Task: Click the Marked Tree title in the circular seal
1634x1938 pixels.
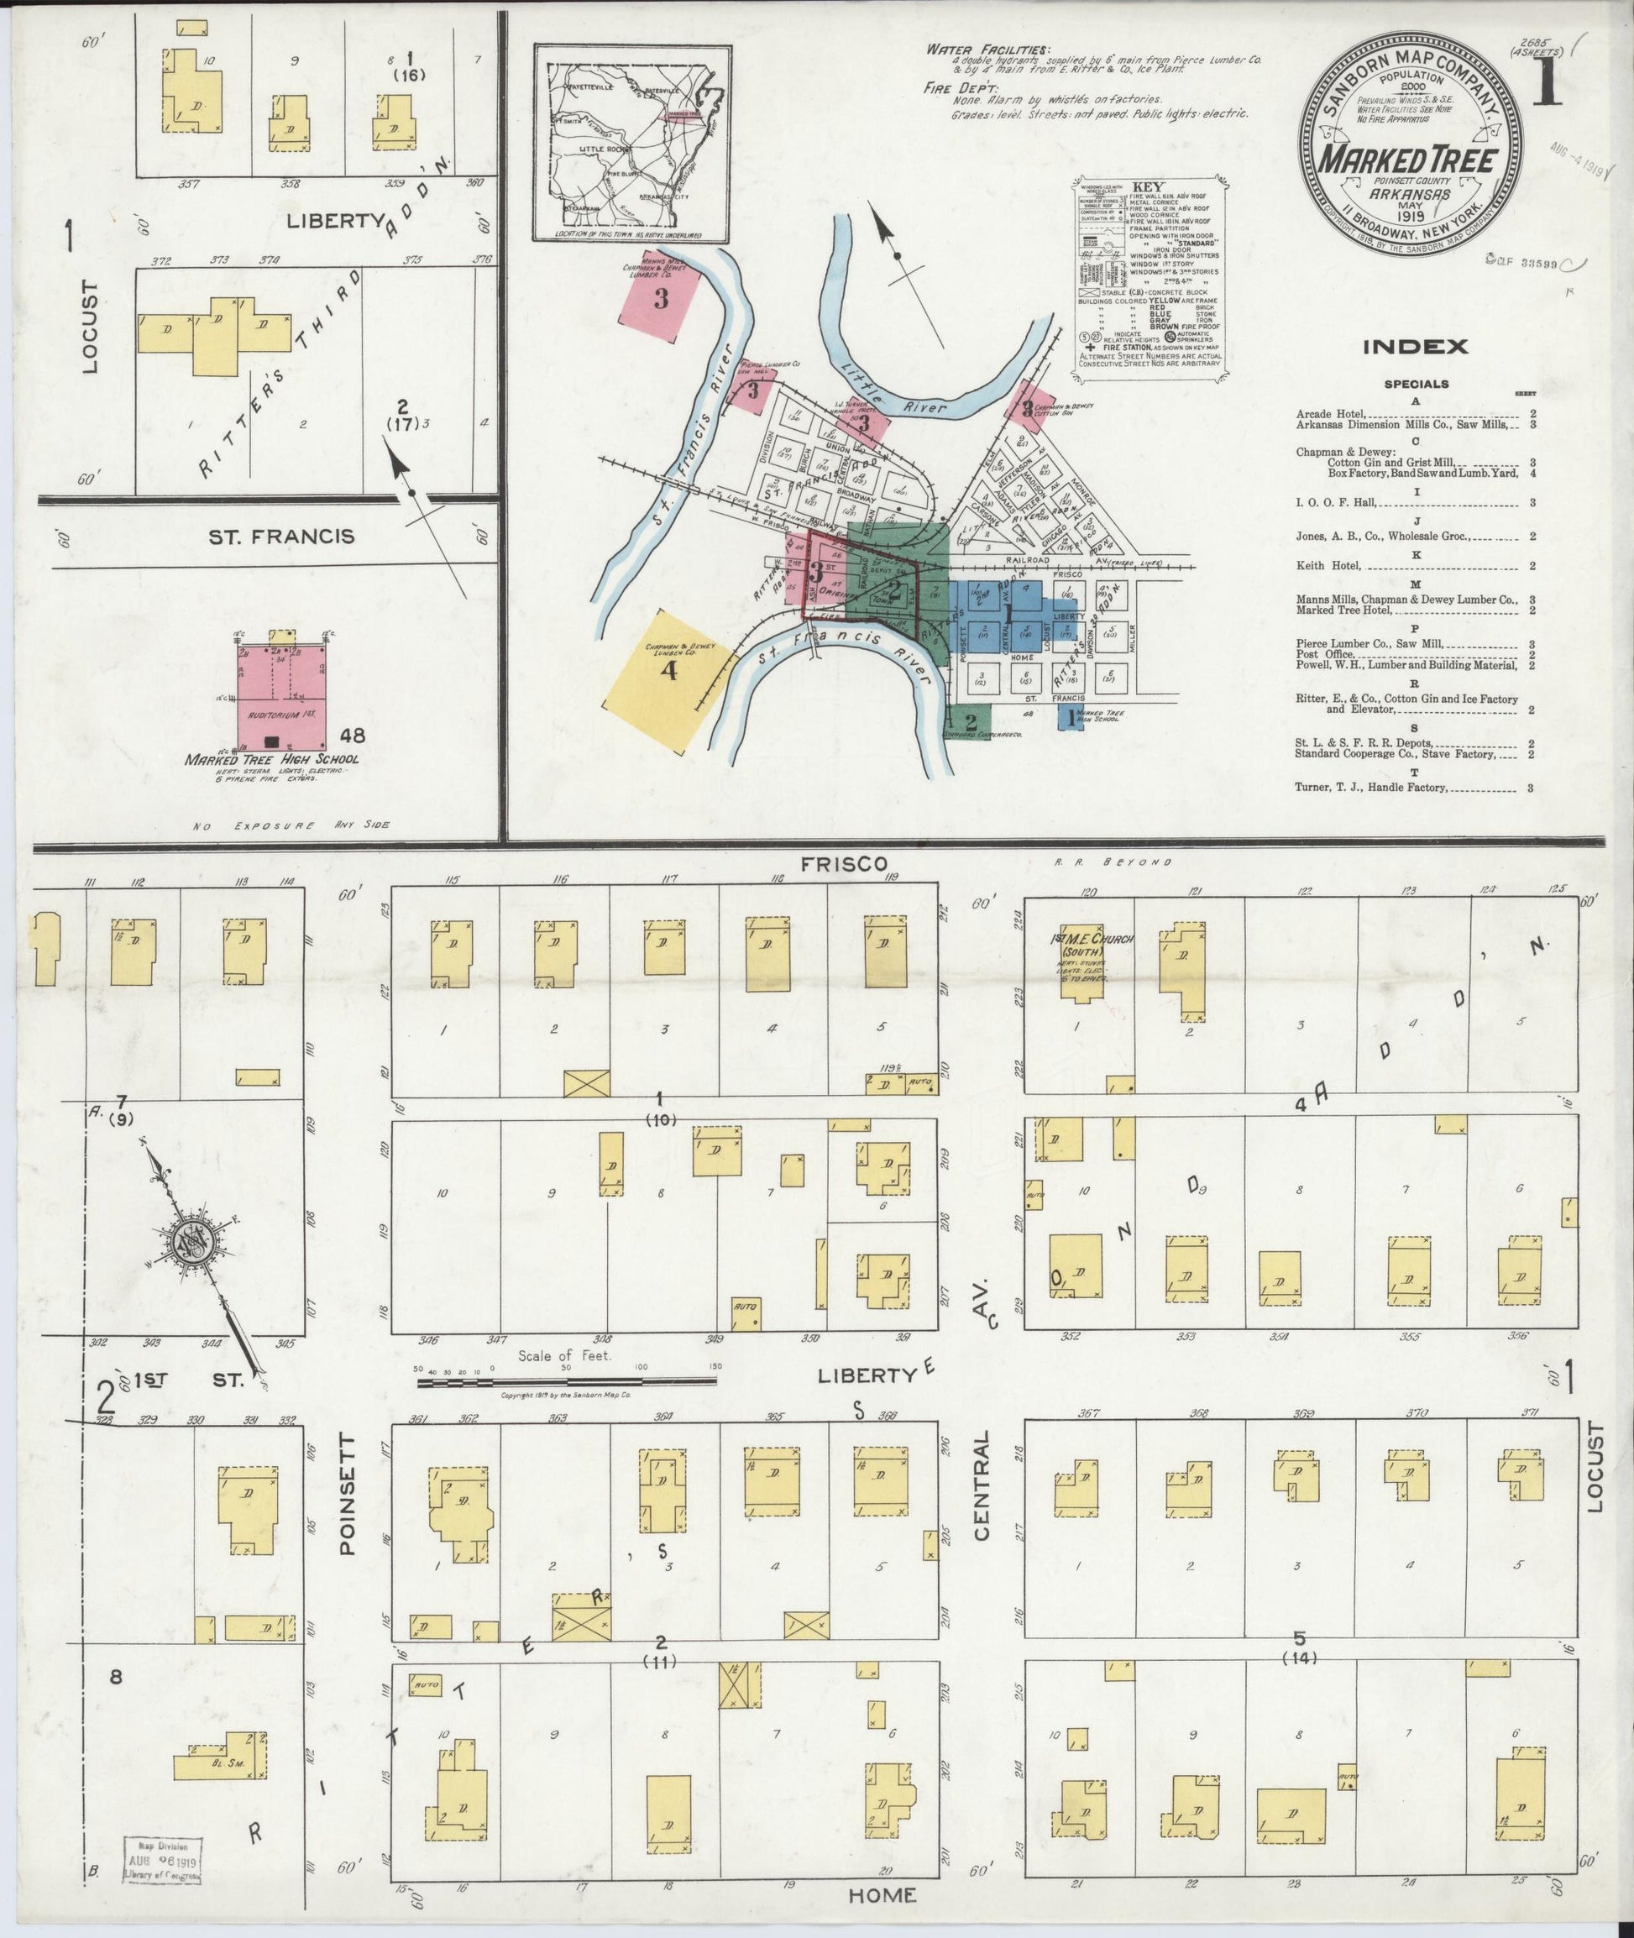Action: pos(1411,159)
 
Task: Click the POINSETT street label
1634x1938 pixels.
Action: pos(348,1492)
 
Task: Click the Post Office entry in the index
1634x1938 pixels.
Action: pos(1325,654)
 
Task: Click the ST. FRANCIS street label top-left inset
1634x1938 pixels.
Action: pos(280,536)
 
